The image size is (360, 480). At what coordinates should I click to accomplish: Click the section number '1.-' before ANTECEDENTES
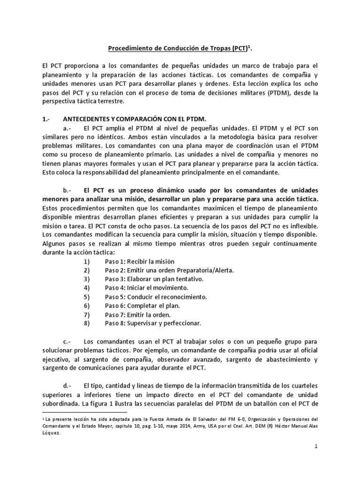pyautogui.click(x=46, y=119)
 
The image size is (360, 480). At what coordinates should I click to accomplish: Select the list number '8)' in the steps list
pyautogui.click(x=86, y=323)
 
